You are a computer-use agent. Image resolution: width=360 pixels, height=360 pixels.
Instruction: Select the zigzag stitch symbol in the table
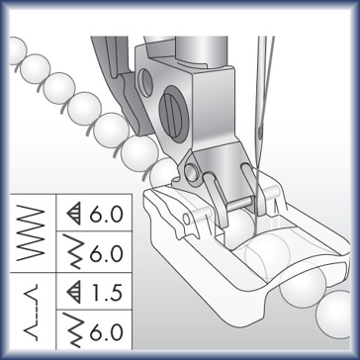point(30,233)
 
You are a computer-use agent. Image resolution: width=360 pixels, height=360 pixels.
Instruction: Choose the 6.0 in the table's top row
point(106,214)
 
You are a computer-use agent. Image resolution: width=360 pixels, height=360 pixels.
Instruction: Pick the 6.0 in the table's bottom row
point(106,332)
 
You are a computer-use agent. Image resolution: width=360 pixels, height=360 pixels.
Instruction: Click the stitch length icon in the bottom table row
point(74,330)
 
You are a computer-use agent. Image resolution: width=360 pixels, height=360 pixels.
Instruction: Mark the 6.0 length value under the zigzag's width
point(106,253)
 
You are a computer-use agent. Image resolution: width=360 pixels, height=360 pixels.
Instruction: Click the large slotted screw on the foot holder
point(173,115)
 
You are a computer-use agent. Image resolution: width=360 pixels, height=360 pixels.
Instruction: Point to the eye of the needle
point(260,133)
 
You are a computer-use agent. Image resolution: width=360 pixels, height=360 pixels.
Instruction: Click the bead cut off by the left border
point(17,50)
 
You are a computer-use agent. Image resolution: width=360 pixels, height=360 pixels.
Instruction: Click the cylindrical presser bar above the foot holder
point(202,51)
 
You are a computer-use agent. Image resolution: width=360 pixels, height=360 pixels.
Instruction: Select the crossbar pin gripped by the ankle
point(239,204)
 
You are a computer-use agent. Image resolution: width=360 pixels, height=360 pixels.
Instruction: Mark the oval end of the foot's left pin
point(187,219)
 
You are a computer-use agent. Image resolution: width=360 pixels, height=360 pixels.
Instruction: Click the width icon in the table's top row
point(74,214)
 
